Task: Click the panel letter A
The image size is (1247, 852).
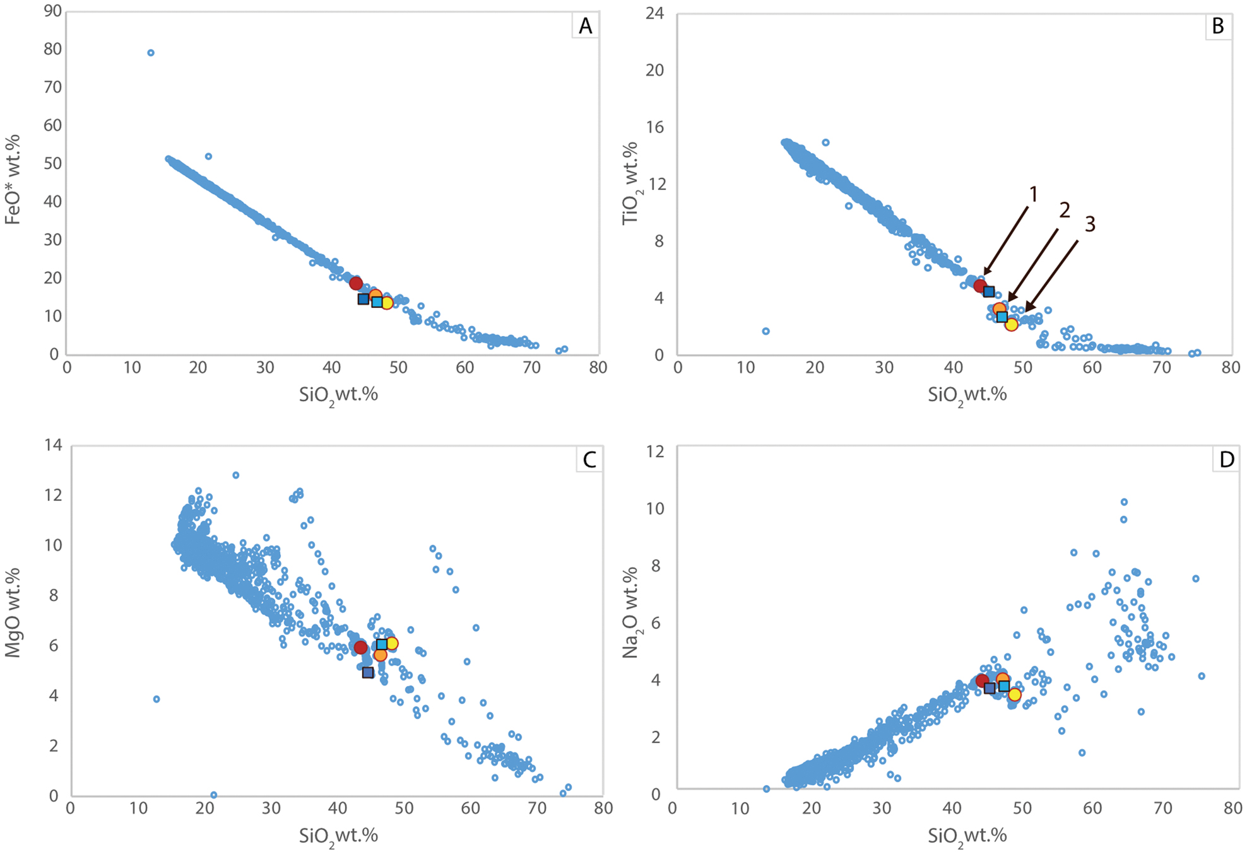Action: (586, 26)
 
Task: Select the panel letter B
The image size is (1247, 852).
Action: (1218, 26)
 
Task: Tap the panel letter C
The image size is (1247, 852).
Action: (589, 460)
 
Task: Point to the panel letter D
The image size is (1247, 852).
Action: (1226, 460)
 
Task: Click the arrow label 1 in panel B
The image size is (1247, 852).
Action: (1033, 194)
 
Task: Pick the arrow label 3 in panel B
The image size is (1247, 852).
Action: (1090, 224)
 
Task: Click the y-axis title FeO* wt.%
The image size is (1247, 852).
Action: (13, 180)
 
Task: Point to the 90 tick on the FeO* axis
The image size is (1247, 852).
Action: (52, 11)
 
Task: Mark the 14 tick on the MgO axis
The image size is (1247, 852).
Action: (53, 445)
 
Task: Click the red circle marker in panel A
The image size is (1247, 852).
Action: (356, 283)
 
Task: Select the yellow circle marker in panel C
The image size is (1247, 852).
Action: (392, 643)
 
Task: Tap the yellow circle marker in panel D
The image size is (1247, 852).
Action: (1014, 694)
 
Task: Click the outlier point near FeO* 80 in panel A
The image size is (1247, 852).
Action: (151, 53)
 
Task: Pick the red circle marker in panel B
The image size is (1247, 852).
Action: (979, 286)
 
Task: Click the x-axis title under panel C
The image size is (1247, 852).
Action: (338, 836)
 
